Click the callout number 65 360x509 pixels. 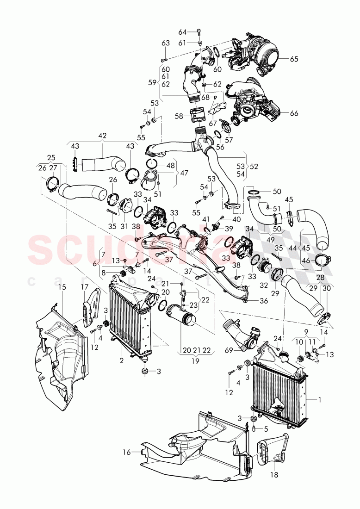pyautogui.click(x=295, y=59)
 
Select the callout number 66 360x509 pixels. pyautogui.click(x=294, y=113)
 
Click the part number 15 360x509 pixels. pyautogui.click(x=62, y=287)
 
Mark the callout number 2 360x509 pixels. pyautogui.click(x=121, y=360)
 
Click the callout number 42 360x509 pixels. pyautogui.click(x=102, y=136)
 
